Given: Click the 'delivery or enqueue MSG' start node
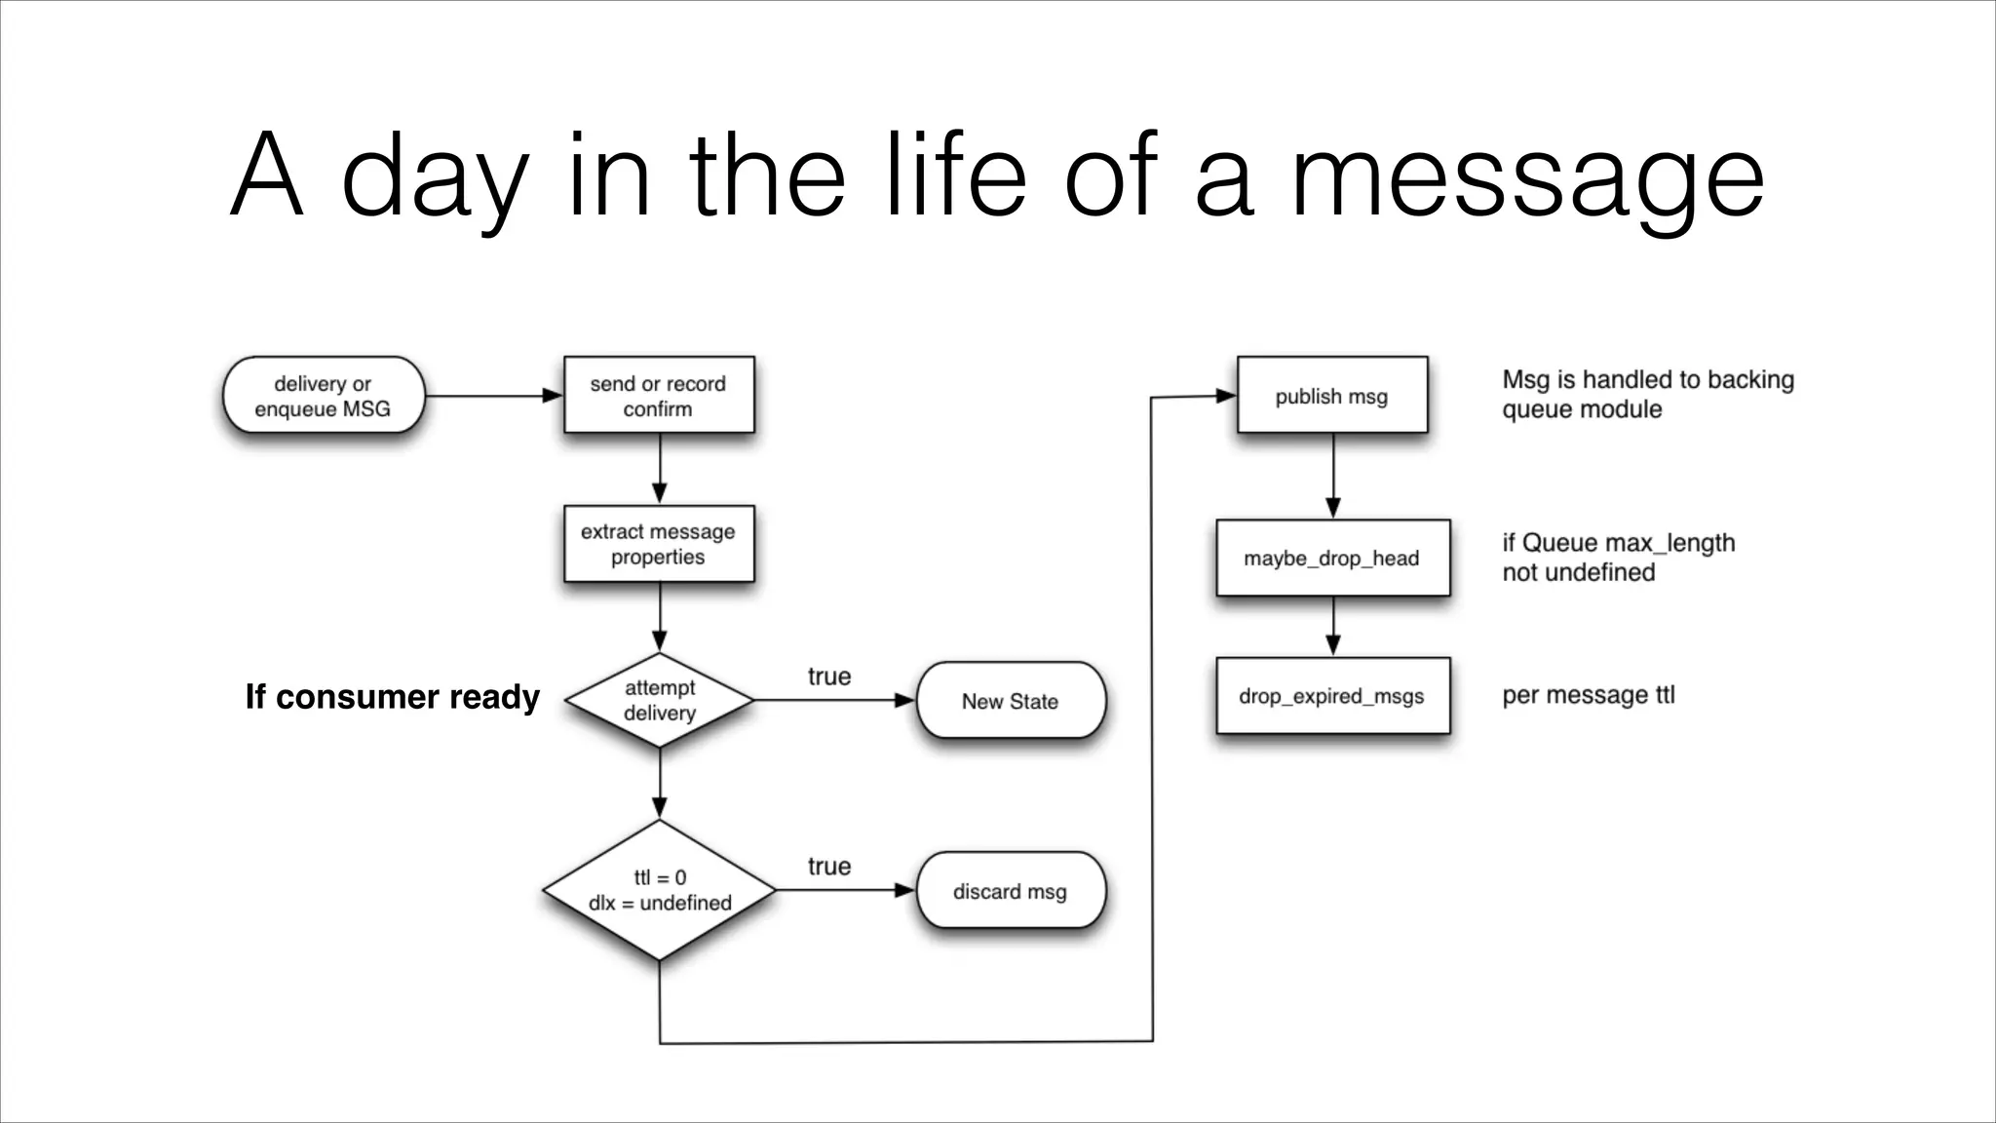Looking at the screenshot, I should pyautogui.click(x=323, y=396).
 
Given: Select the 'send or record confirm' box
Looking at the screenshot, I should pyautogui.click(x=659, y=396).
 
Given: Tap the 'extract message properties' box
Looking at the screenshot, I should pyautogui.click(x=659, y=544).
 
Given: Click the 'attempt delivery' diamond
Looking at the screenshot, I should pyautogui.click(x=660, y=700).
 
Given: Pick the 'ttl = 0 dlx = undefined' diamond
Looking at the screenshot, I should pyautogui.click(x=660, y=890).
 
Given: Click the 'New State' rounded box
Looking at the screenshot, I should pyautogui.click(x=1011, y=701).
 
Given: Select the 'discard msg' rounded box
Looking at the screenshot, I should pyautogui.click(x=1011, y=891).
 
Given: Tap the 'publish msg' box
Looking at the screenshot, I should pyautogui.click(x=1331, y=396).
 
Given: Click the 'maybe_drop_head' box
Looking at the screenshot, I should pyautogui.click(x=1332, y=559).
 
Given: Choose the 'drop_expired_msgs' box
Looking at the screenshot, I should pyautogui.click(x=1332, y=696).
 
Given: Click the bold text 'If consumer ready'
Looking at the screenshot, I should pyautogui.click(x=392, y=697).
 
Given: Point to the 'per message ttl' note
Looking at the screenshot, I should pyautogui.click(x=1588, y=695).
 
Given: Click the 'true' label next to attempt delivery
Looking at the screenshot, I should pyautogui.click(x=829, y=677).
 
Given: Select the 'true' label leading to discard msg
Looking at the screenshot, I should pyautogui.click(x=829, y=867).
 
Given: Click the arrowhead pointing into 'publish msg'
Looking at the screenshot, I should pyautogui.click(x=1226, y=396).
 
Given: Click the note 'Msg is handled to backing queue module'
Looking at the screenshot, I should pyautogui.click(x=1647, y=394).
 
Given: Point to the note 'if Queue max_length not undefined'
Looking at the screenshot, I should pyautogui.click(x=1618, y=558).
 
